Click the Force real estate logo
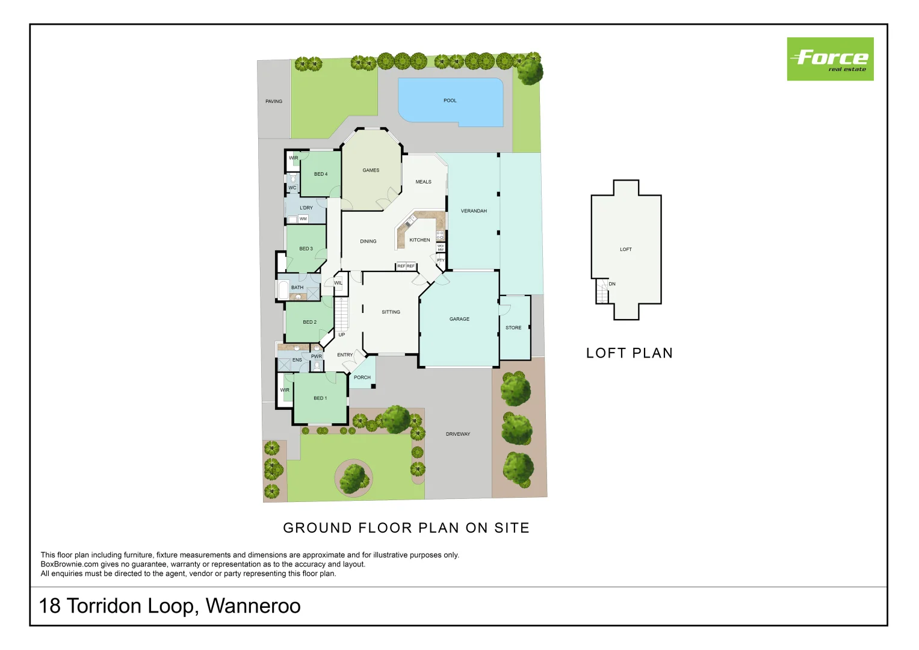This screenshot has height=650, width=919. [830, 59]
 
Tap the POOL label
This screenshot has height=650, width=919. [450, 101]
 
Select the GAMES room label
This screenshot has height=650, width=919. [371, 170]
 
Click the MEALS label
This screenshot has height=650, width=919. [423, 182]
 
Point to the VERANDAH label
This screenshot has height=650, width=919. [474, 211]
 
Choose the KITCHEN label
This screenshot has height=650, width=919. [419, 240]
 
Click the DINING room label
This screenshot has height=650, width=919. [368, 241]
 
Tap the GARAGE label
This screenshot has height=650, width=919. [459, 319]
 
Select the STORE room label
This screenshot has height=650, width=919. [513, 328]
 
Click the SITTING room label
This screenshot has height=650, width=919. [391, 312]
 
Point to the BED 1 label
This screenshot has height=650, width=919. [320, 398]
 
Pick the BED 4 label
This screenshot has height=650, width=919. [321, 175]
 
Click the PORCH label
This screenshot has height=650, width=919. [362, 378]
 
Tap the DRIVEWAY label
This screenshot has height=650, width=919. [458, 434]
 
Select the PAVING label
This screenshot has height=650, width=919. [274, 102]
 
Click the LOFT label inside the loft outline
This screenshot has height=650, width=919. [626, 249]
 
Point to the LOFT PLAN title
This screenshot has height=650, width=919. [630, 353]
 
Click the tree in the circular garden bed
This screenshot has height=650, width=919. [354, 477]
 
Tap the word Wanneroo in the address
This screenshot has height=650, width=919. [253, 605]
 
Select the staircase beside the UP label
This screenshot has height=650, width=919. [341, 314]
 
